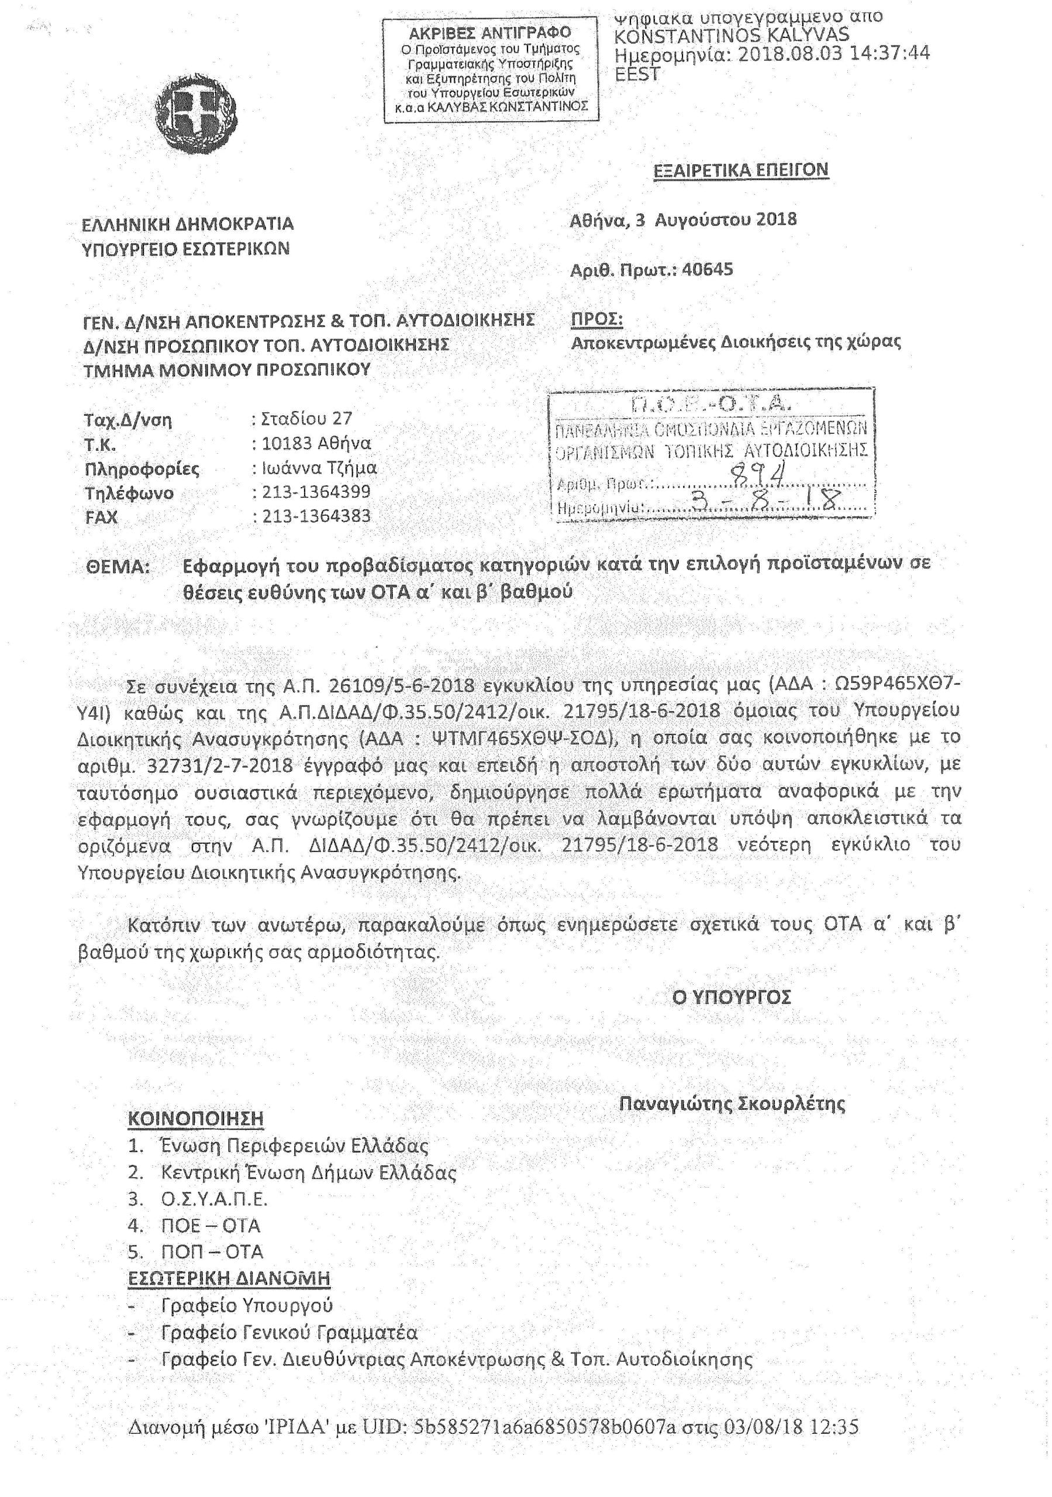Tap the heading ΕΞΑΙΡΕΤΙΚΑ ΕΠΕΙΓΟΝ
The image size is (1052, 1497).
click(740, 170)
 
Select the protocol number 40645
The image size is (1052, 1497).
click(707, 269)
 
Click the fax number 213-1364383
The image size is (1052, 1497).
click(316, 516)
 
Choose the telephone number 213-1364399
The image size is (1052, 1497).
click(316, 492)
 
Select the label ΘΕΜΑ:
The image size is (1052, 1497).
click(118, 567)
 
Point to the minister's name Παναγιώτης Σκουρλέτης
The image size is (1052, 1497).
click(732, 1103)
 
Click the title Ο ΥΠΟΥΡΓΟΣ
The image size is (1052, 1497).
click(731, 997)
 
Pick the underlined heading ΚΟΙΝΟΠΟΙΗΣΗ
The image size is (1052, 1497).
click(196, 1118)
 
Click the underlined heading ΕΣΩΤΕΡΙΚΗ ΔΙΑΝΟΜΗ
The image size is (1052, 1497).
click(229, 1278)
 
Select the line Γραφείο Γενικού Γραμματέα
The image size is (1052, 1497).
click(289, 1332)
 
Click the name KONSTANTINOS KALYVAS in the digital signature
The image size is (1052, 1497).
click(732, 35)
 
